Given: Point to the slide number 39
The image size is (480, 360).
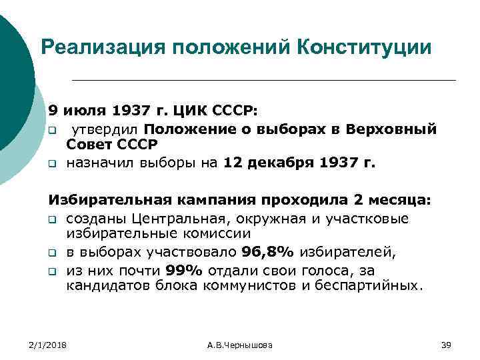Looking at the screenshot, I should pos(447,345).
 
